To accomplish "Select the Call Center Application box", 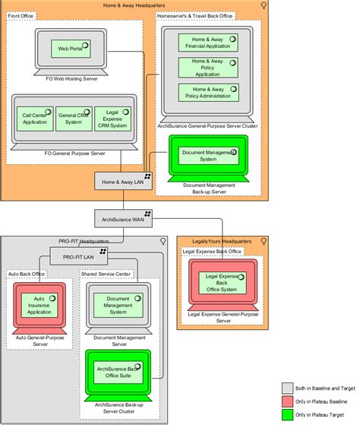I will click(35, 119).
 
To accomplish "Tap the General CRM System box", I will click(73, 119).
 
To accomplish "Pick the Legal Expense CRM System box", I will click(111, 119).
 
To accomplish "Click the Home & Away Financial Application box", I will click(207, 43).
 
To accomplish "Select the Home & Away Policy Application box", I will click(207, 67).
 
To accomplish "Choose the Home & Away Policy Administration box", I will click(207, 92).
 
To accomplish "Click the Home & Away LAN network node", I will click(122, 181).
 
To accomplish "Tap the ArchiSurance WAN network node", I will click(122, 218).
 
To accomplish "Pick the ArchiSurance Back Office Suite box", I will click(122, 370).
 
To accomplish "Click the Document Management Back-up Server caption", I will click(209, 189).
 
